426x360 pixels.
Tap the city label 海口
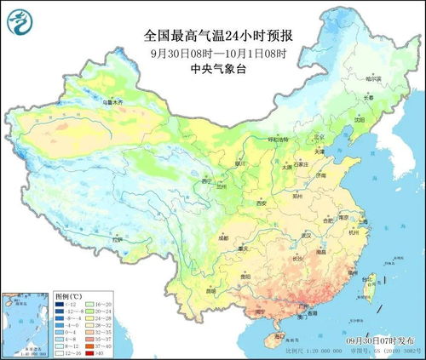pyautogui.click(x=272, y=336)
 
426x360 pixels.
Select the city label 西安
pyautogui.click(x=262, y=203)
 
